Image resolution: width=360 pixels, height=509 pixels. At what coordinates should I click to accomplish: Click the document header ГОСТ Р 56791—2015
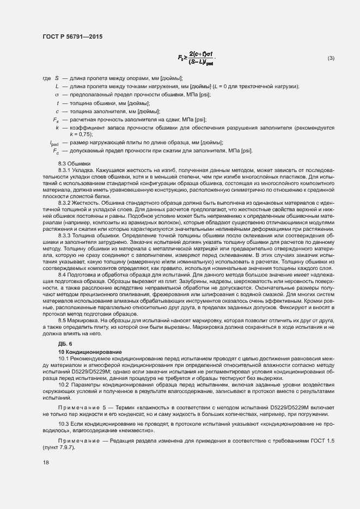click(72, 36)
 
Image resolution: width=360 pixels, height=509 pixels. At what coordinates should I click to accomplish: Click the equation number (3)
click(331, 58)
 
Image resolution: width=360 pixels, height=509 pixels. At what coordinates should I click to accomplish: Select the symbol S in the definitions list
click(56, 78)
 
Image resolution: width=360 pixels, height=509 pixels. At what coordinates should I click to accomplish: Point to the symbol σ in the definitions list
click(57, 94)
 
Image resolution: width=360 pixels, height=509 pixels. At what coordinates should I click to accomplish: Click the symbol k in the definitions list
click(57, 127)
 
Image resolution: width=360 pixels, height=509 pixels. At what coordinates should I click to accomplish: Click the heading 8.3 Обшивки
click(75, 164)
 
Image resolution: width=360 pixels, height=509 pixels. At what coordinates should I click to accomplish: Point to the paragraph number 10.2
click(64, 384)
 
